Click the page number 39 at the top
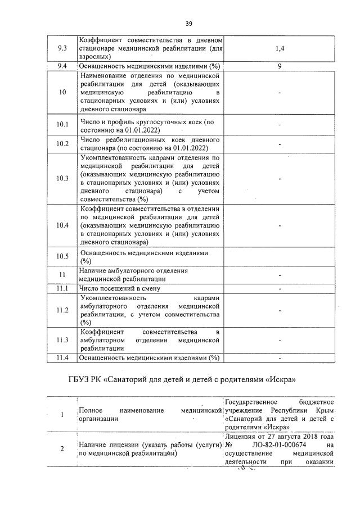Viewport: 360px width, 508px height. pos(189,23)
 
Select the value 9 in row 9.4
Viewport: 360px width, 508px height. pos(280,66)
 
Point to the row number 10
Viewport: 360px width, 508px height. pos(62,92)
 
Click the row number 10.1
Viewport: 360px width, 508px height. pos(62,125)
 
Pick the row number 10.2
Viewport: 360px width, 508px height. pos(62,144)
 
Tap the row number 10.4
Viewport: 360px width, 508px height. pos(62,225)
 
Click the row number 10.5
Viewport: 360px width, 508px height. pos(62,257)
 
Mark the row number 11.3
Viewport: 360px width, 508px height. pos(62,340)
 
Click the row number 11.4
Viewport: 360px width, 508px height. pos(62,358)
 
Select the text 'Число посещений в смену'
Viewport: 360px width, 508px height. pos(117,289)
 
